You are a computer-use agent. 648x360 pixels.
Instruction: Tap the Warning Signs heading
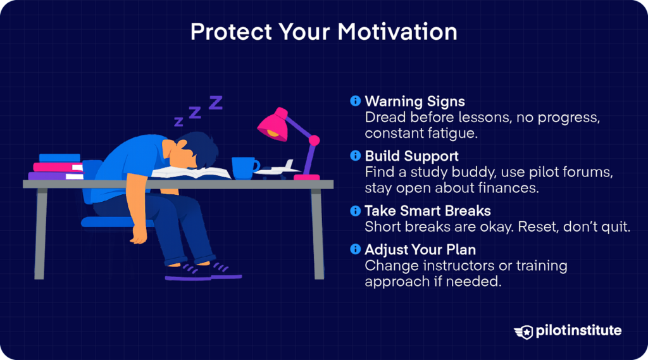click(x=414, y=101)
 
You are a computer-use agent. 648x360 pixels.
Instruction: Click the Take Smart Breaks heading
click(x=427, y=211)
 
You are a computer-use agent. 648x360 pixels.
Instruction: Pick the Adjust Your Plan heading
click(x=420, y=249)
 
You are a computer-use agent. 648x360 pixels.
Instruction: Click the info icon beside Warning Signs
click(x=356, y=101)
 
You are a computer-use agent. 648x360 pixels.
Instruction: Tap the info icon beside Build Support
click(x=356, y=156)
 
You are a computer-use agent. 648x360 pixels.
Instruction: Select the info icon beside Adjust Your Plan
click(x=356, y=249)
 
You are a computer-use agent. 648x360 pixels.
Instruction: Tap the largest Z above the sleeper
click(x=216, y=102)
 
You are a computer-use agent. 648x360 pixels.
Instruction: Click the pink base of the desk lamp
click(x=307, y=176)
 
